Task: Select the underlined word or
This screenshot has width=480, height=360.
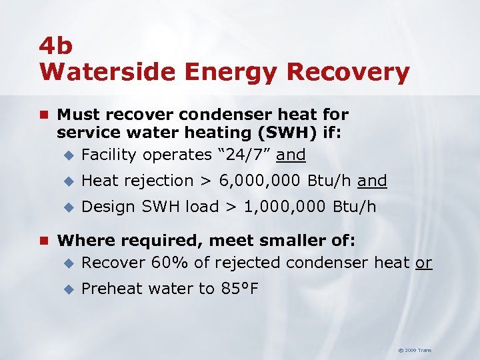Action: [424, 263]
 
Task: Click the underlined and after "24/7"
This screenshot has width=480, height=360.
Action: [291, 155]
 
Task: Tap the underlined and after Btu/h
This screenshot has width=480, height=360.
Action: [372, 181]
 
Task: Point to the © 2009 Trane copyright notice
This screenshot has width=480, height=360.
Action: [415, 350]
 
